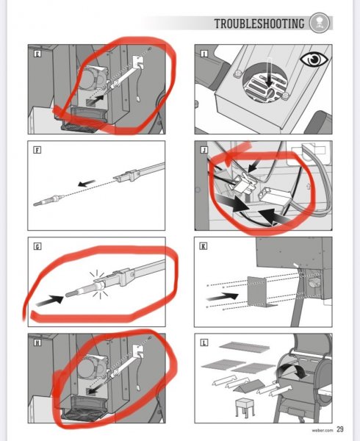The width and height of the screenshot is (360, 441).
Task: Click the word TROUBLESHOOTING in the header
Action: coord(259,24)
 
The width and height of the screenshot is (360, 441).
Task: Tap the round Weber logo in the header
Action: coord(320,23)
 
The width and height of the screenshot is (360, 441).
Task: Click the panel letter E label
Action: coord(37,54)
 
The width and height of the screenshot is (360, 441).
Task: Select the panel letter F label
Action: coord(37,150)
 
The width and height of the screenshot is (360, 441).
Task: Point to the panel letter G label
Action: coord(37,246)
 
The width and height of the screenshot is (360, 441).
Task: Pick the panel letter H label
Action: coord(37,343)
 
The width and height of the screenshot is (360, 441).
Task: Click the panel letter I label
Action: coord(204,54)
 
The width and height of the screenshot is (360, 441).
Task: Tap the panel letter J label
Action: coord(204,150)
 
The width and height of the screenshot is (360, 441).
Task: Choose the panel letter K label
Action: coord(204,246)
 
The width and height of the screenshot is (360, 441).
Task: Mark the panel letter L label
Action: coord(204,343)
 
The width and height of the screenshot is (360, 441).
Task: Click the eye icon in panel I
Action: coord(314,60)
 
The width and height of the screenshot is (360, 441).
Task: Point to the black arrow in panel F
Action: coord(87,183)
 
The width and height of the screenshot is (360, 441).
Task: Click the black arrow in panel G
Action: coord(50,301)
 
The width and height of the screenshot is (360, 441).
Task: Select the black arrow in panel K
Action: coord(223,296)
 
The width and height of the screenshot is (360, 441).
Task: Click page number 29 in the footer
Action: coord(339,429)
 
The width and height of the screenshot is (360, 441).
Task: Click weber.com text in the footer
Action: coord(322,430)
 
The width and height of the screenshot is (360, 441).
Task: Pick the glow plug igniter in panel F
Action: coord(49,200)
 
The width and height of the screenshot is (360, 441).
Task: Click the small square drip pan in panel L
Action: coord(245,406)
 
